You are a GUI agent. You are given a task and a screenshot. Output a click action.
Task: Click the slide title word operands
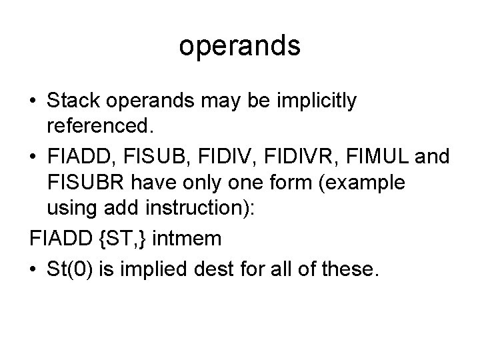coord(240,47)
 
